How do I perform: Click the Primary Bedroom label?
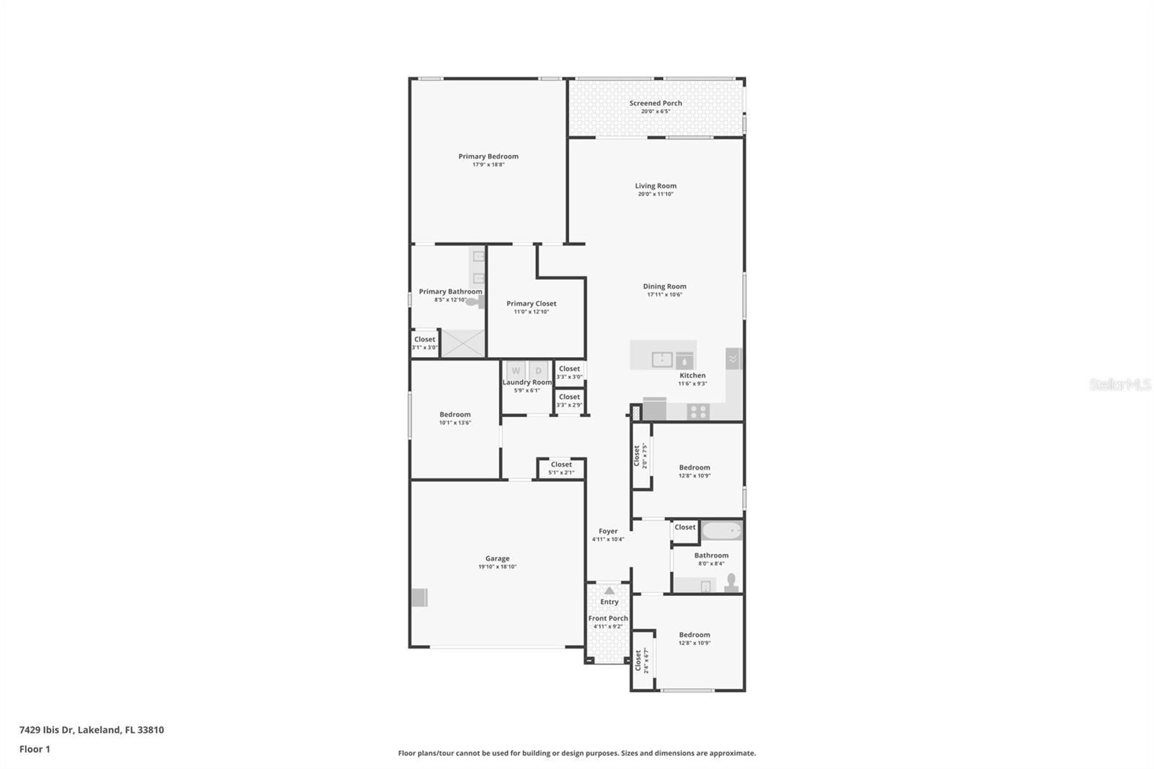click(x=488, y=157)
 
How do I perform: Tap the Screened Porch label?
click(x=656, y=103)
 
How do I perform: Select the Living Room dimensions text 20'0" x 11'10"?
click(x=656, y=194)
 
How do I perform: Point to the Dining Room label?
click(x=664, y=286)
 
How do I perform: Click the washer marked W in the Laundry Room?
click(x=516, y=371)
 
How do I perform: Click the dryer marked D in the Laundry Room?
click(x=538, y=371)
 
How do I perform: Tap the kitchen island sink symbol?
click(x=662, y=359)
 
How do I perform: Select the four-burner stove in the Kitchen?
click(x=698, y=412)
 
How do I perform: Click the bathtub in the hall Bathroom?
click(x=722, y=532)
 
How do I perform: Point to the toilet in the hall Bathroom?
click(x=731, y=581)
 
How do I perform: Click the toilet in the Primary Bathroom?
click(x=475, y=302)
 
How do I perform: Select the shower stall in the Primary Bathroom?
click(x=462, y=343)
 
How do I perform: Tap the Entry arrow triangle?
click(x=609, y=590)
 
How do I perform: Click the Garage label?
click(x=497, y=558)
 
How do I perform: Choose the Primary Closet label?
click(x=532, y=304)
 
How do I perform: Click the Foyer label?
click(x=608, y=531)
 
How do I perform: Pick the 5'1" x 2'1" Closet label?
click(x=561, y=465)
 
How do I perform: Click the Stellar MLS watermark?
click(x=1119, y=384)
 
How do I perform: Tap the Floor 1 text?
click(x=35, y=749)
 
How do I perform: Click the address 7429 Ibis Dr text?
click(x=92, y=729)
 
